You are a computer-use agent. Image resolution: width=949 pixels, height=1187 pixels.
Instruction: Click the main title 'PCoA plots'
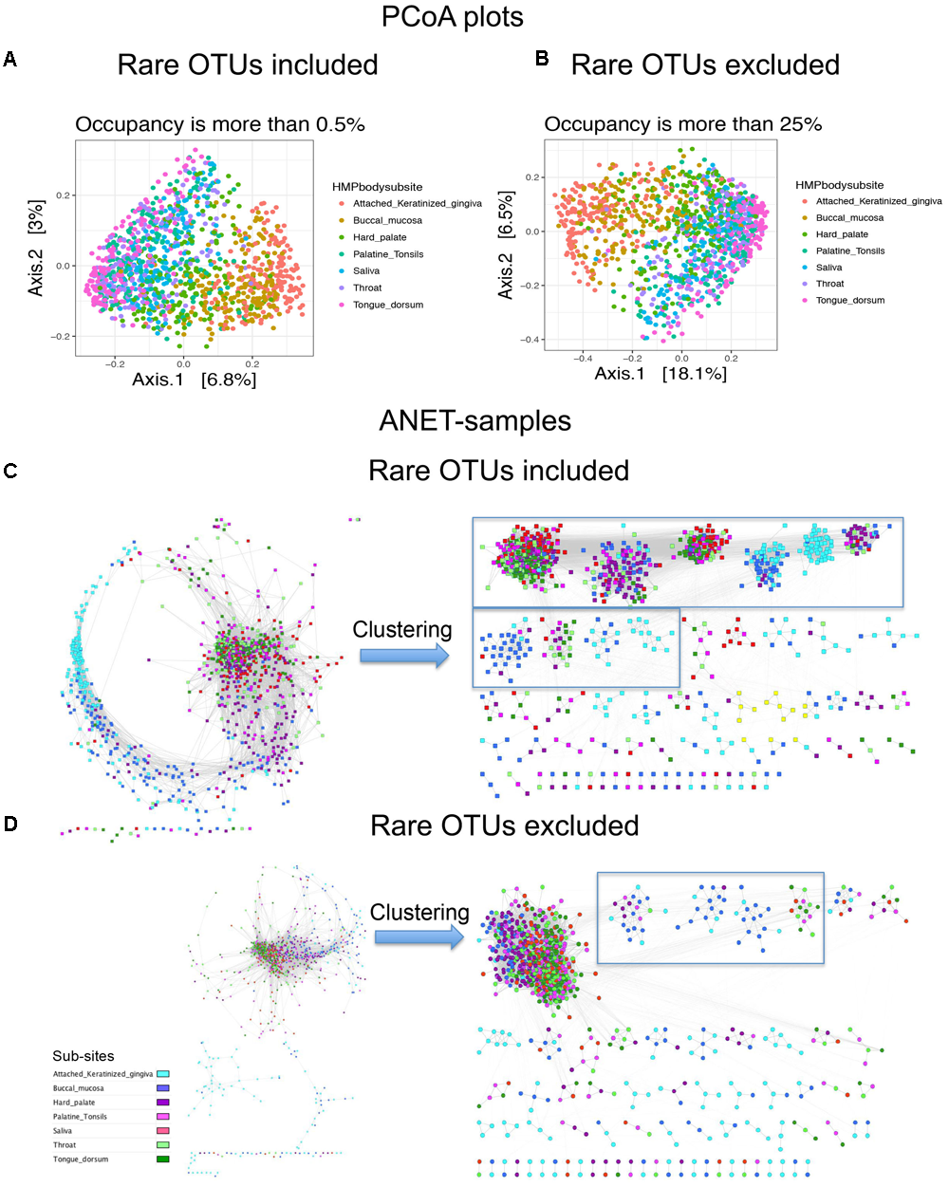pyautogui.click(x=452, y=17)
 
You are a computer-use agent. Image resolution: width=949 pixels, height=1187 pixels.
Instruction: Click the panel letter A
pyautogui.click(x=10, y=60)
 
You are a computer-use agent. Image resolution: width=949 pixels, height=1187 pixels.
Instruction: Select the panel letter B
pyautogui.click(x=542, y=59)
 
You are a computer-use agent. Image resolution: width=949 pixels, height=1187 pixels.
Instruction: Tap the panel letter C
pyautogui.click(x=10, y=470)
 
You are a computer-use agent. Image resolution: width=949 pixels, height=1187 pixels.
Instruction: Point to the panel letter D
pyautogui.click(x=10, y=824)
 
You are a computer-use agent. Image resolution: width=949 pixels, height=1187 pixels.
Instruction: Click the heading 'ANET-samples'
pyautogui.click(x=474, y=420)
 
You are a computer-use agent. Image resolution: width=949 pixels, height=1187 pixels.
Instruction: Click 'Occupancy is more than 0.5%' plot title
pyautogui.click(x=220, y=124)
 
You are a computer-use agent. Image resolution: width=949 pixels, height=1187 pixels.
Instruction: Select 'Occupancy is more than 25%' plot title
pyautogui.click(x=682, y=124)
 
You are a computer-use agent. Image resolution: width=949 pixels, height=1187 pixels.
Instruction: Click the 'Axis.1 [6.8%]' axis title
pyautogui.click(x=195, y=380)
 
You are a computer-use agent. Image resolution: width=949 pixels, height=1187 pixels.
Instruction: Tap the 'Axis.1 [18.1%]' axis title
pyautogui.click(x=661, y=374)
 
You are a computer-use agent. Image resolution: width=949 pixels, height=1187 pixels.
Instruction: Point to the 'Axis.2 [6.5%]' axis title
pyautogui.click(x=506, y=245)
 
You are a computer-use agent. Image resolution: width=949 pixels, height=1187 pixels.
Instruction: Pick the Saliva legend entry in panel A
pyautogui.click(x=366, y=271)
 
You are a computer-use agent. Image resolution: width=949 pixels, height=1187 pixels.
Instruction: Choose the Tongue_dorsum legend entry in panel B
pyautogui.click(x=850, y=301)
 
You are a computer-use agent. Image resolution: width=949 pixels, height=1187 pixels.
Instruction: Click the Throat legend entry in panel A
pyautogui.click(x=367, y=288)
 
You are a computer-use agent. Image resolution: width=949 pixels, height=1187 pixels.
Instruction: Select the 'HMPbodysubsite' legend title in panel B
pyautogui.click(x=839, y=185)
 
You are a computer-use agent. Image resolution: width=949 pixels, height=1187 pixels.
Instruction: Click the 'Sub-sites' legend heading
pyautogui.click(x=84, y=1056)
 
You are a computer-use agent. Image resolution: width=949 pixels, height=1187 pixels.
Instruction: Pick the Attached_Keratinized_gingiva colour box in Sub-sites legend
pyautogui.click(x=163, y=1074)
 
